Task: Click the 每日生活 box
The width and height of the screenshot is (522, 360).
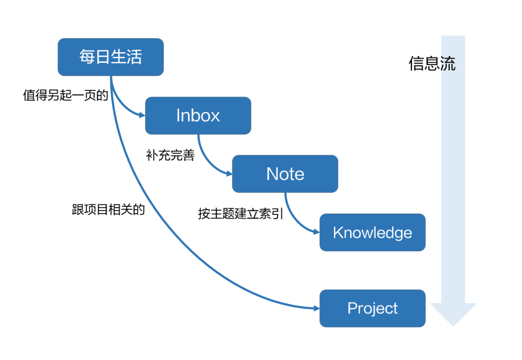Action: (x=111, y=57)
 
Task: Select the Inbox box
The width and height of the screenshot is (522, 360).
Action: (x=198, y=115)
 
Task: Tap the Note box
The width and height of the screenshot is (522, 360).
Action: (x=285, y=174)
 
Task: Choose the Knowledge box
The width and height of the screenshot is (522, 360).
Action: (x=372, y=232)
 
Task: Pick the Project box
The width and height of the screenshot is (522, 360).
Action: (x=372, y=308)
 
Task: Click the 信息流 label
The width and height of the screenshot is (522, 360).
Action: (x=432, y=64)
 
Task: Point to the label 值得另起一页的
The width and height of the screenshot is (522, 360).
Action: (x=65, y=95)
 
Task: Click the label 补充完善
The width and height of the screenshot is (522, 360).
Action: (x=170, y=156)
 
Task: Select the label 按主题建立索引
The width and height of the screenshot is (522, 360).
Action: (x=240, y=214)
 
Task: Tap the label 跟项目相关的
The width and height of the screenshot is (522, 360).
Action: (x=108, y=210)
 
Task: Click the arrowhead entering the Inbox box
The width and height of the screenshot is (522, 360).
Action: (x=142, y=115)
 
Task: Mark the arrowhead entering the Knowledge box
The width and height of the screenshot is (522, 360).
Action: (x=317, y=232)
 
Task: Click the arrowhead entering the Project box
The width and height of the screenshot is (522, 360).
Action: (x=317, y=308)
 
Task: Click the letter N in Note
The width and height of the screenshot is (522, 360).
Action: (x=272, y=174)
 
